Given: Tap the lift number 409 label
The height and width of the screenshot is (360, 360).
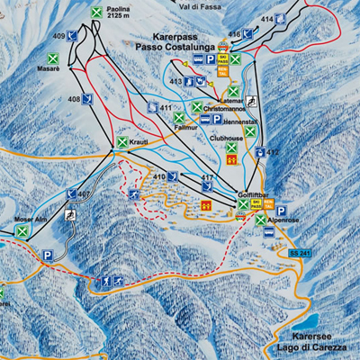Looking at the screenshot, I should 58,35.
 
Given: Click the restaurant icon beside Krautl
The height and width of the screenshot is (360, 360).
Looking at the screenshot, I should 121,142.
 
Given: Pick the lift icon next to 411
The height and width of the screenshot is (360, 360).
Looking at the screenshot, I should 150,107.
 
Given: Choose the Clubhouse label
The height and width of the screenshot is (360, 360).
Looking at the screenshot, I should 226,139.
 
